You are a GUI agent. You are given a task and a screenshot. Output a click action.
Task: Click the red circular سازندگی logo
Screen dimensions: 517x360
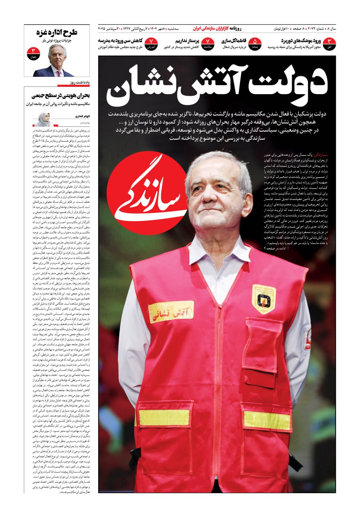click(147, 193)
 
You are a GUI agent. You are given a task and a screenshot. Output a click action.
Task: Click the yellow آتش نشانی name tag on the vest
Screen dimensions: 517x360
click(171, 311)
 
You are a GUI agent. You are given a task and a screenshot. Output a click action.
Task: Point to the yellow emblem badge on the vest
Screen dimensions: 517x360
click(264, 299)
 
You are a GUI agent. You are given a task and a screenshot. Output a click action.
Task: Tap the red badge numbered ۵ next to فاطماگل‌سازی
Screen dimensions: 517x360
click(255, 44)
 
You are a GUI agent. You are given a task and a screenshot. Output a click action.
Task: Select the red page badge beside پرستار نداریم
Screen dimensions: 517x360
click(207, 44)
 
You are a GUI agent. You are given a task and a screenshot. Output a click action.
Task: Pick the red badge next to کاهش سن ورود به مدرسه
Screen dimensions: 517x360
click(151, 44)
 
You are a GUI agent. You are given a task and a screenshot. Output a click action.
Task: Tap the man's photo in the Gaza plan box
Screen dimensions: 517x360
click(58, 61)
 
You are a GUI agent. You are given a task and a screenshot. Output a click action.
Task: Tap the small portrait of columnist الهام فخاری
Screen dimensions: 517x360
click(43, 120)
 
